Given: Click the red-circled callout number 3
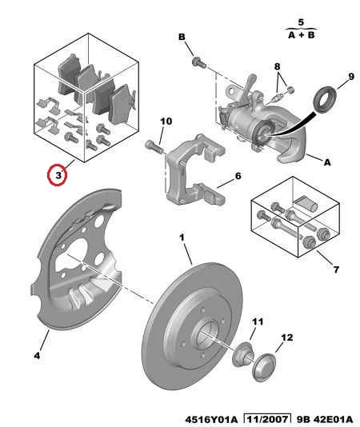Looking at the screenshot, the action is coord(58,175).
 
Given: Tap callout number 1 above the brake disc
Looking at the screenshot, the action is coord(182,237).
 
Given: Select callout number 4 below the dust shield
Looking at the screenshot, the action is coord(37,355).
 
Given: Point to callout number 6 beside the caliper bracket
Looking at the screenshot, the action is coord(238,176).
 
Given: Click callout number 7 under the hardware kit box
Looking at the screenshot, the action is coord(336,269).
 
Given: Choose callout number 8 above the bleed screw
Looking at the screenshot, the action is coord(277,66).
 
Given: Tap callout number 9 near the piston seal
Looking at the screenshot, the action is coord(351,77).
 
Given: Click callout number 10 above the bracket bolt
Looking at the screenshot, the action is coord(166,122).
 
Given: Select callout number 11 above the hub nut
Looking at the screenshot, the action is coord(258,321).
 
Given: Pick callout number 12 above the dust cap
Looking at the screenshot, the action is coord(286,337).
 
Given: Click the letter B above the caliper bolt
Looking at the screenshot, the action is coord(182,37).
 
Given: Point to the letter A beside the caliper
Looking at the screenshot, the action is coord(327,162).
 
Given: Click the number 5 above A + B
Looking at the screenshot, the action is coord(301,22).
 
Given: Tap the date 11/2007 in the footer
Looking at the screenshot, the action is coord(266,419).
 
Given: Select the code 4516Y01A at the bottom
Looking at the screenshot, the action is coord(211,419).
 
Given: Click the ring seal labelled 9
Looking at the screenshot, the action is coord(325,99).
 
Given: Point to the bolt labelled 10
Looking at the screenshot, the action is coord(154,146).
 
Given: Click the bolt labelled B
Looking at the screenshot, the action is coord(199,62).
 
